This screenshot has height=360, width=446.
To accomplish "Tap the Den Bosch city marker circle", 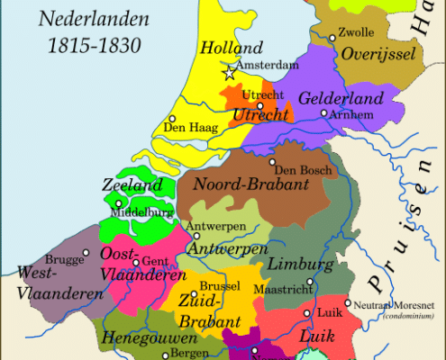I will coord(272,163).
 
